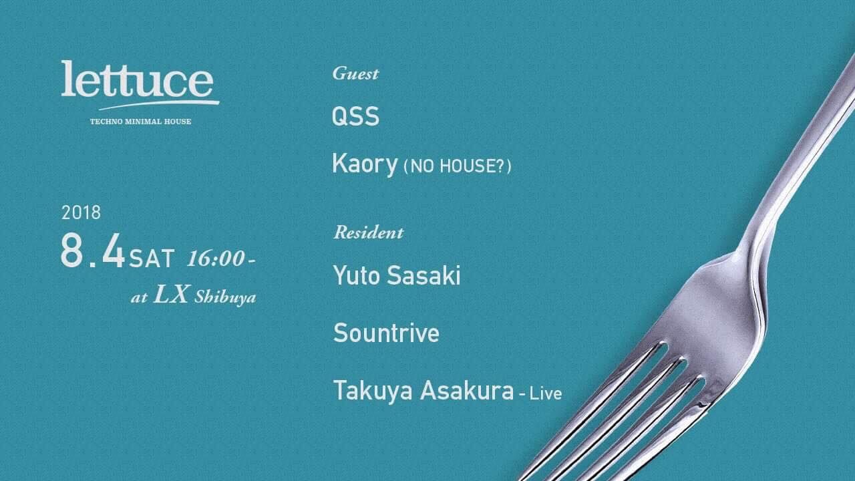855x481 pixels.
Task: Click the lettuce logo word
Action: tap(137, 79)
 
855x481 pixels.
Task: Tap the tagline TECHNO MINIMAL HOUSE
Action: tap(140, 122)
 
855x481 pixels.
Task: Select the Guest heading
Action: tap(355, 73)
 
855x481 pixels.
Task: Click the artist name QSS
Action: tap(355, 116)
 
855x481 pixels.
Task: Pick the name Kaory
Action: tap(365, 164)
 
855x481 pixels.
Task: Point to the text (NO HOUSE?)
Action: tap(458, 166)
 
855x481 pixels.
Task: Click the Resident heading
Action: tap(369, 232)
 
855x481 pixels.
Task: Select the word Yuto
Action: tap(357, 275)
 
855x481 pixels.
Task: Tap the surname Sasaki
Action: tap(423, 275)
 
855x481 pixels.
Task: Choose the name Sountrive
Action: tap(386, 333)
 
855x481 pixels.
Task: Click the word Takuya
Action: tap(373, 391)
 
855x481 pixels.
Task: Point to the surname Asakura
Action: tap(467, 391)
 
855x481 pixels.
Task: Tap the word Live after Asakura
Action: tap(546, 393)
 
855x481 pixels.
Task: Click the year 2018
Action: tap(81, 212)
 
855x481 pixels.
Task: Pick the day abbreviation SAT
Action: tap(152, 259)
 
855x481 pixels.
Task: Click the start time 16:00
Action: tap(216, 259)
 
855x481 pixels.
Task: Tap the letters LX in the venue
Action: tap(171, 295)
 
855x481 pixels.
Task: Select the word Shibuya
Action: tap(225, 297)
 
